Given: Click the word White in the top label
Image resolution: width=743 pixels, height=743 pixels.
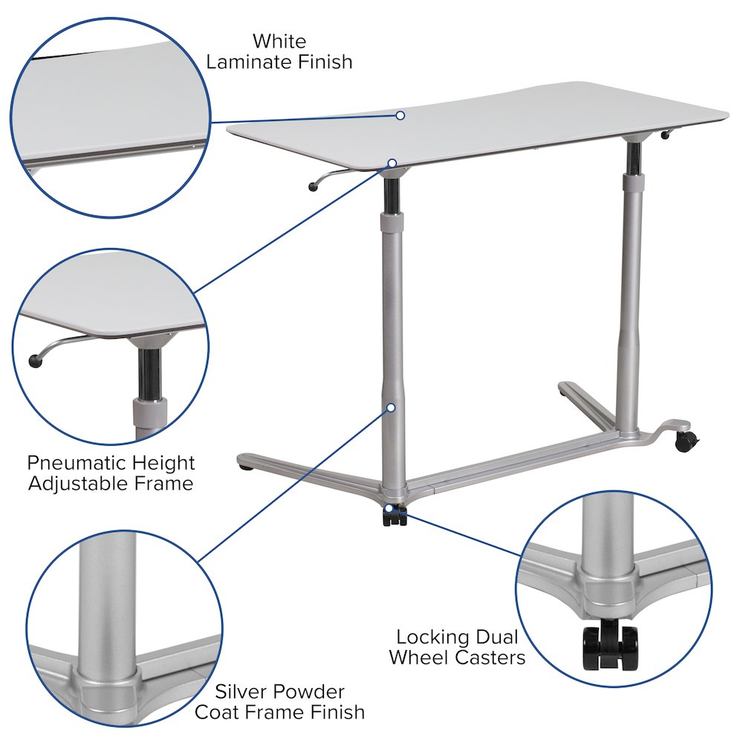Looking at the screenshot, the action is point(279,41).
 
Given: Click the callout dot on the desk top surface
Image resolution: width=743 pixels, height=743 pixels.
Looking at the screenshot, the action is point(400,116).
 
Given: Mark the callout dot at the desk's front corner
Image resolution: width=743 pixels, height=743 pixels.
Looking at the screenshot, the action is point(392,163).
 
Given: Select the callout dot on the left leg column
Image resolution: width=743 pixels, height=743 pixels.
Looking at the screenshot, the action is point(392,407).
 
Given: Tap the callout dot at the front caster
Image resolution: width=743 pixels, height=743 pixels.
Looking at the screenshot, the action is point(389,508).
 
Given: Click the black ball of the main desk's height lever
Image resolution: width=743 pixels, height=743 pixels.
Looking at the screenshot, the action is point(313,187).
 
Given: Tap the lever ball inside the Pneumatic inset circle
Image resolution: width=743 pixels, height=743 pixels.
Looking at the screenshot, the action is point(36,361).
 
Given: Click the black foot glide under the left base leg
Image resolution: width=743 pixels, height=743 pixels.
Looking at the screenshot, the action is point(246,467).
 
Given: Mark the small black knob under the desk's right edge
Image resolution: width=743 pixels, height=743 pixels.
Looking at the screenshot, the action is point(665,136).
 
